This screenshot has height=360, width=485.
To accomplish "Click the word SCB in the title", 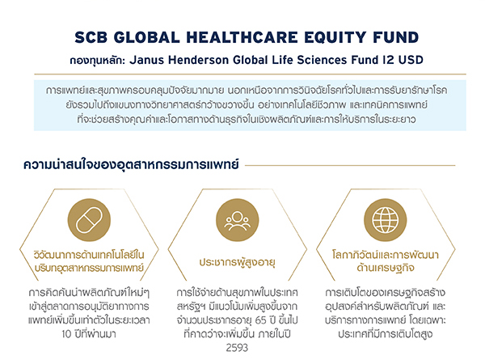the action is tap(91, 37).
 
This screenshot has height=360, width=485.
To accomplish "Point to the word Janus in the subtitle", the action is tap(146, 60).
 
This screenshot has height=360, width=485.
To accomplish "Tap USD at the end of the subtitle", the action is tap(411, 60).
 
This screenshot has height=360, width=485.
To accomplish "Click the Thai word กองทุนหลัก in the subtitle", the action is tap(97, 60).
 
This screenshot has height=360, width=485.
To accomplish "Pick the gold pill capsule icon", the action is tap(89, 220).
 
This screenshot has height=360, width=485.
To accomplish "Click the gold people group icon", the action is tap(237, 220).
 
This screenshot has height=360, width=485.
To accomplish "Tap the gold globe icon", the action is tap(385, 220).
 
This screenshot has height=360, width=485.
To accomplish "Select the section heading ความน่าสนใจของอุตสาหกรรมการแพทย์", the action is tap(131, 164).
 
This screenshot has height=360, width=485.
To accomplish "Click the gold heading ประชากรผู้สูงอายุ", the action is tap(237, 262).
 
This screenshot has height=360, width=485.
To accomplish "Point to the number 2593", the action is tap(237, 348).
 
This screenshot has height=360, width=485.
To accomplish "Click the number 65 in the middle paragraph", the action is tap(261, 320).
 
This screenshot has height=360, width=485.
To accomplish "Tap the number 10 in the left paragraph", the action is tap(67, 334).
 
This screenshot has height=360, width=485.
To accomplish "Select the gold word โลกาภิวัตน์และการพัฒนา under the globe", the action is tap(386, 255).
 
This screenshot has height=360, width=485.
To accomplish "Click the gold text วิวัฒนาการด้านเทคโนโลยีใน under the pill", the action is tap(89, 255).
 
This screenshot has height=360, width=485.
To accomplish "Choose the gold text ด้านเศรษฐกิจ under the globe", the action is tap(386, 267).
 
